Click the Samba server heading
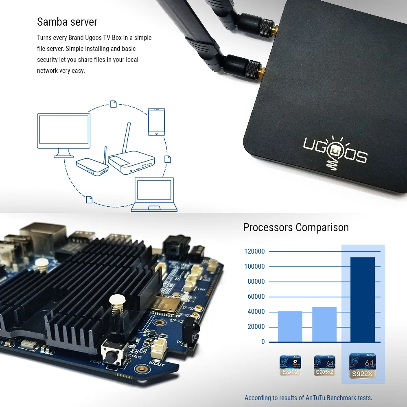pyautogui.click(x=67, y=22)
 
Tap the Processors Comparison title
pyautogui.click(x=296, y=227)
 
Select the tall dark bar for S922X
pyautogui.click(x=363, y=299)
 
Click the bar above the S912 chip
pyautogui.click(x=290, y=326)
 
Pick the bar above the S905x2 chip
pyautogui.click(x=324, y=324)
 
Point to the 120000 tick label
pyautogui.click(x=254, y=252)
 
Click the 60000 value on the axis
pyautogui.click(x=256, y=297)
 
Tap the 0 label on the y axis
pyautogui.click(x=263, y=342)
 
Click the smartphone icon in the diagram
pyautogui.click(x=157, y=122)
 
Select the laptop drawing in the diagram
pyautogui.click(x=154, y=195)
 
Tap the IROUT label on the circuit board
pyautogui.click(x=156, y=363)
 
